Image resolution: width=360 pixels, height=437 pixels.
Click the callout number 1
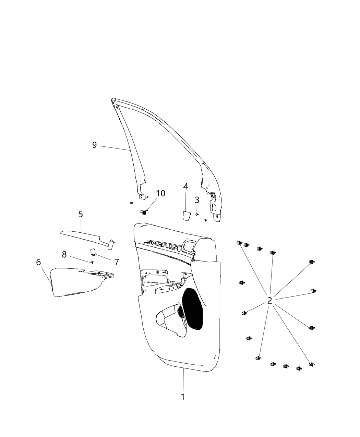click(x=183, y=397)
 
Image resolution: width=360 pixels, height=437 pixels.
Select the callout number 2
click(x=269, y=301)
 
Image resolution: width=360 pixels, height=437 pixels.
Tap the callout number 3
click(x=197, y=200)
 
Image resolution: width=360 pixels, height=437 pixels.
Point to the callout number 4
click(x=186, y=186)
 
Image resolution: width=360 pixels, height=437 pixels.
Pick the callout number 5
click(x=81, y=214)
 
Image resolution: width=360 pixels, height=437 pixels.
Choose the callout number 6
click(x=38, y=262)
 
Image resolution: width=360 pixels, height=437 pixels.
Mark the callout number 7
click(x=117, y=262)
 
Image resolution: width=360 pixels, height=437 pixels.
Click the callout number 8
click(x=64, y=255)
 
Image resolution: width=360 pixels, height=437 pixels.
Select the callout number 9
click(x=94, y=145)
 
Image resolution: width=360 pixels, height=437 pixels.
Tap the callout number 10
click(x=160, y=193)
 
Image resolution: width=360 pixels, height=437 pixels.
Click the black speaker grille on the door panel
click(x=192, y=312)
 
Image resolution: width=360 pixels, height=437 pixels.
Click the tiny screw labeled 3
click(x=197, y=214)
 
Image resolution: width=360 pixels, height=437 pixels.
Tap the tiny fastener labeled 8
click(x=92, y=262)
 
